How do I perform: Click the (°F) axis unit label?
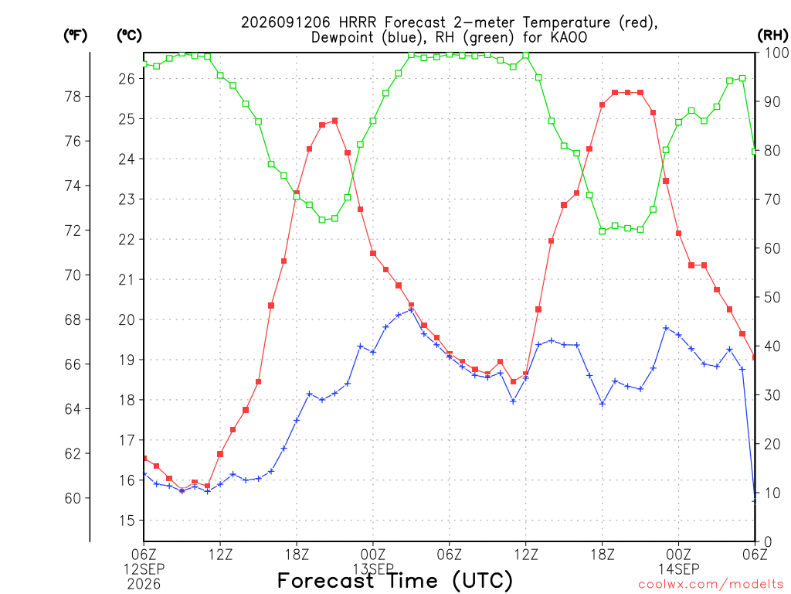pos(75,36)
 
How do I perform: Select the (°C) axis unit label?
pos(129,36)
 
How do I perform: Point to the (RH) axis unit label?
pos(772,36)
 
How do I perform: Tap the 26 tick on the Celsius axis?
pos(127,79)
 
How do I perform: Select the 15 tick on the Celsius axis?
pos(127,521)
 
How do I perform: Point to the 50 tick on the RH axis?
pos(772,298)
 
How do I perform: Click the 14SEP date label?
pos(678,570)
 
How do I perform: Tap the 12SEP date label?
pos(144,570)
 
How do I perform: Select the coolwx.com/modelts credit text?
pos(711,585)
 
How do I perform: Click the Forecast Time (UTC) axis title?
pos(395,580)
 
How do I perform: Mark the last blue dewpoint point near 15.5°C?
pos(755,501)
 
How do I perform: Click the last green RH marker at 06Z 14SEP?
pos(755,152)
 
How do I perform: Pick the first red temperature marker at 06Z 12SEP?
pos(144,458)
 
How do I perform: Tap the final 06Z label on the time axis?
pos(755,555)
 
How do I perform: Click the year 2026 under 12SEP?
pos(144,585)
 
